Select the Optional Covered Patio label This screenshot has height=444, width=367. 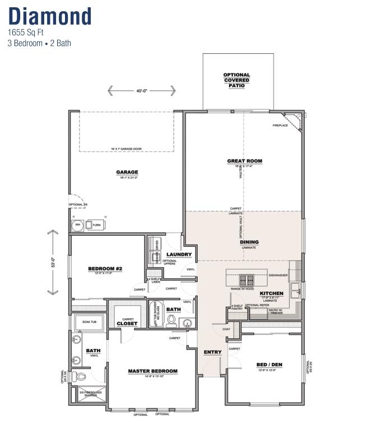(x=236, y=80)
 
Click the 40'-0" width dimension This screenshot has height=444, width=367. (x=141, y=90)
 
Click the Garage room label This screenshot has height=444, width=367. (x=127, y=172)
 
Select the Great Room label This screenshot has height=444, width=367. (x=244, y=161)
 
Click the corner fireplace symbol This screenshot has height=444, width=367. (x=294, y=120)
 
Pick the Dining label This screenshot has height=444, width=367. (x=249, y=242)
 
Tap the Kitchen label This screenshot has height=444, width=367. (x=271, y=293)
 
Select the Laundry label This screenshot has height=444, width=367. (x=179, y=254)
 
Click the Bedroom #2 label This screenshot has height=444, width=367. (x=105, y=269)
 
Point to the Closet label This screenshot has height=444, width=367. (x=127, y=324)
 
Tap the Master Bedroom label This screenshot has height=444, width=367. (x=152, y=371)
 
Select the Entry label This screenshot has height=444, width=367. (x=213, y=352)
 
